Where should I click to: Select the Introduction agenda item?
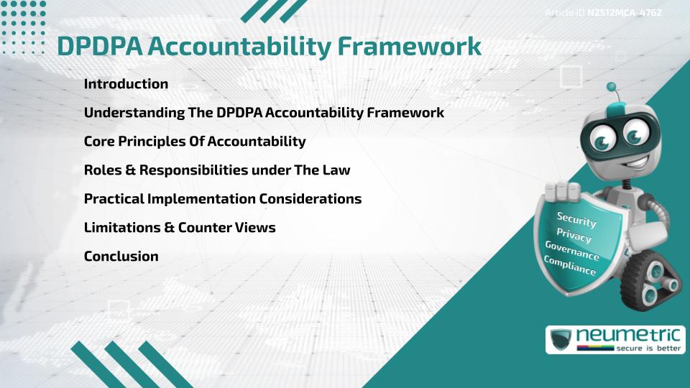[x=126, y=84]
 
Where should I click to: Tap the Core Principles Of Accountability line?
[x=194, y=142]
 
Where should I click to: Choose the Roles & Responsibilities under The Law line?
[x=217, y=170]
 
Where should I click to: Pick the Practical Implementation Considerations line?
[x=222, y=199]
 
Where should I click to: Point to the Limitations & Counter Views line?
[x=180, y=228]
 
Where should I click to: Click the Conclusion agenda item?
[x=121, y=257]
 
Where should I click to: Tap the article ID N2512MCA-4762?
[x=624, y=12]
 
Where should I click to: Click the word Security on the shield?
[x=576, y=218]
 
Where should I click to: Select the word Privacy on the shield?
[x=574, y=235]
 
